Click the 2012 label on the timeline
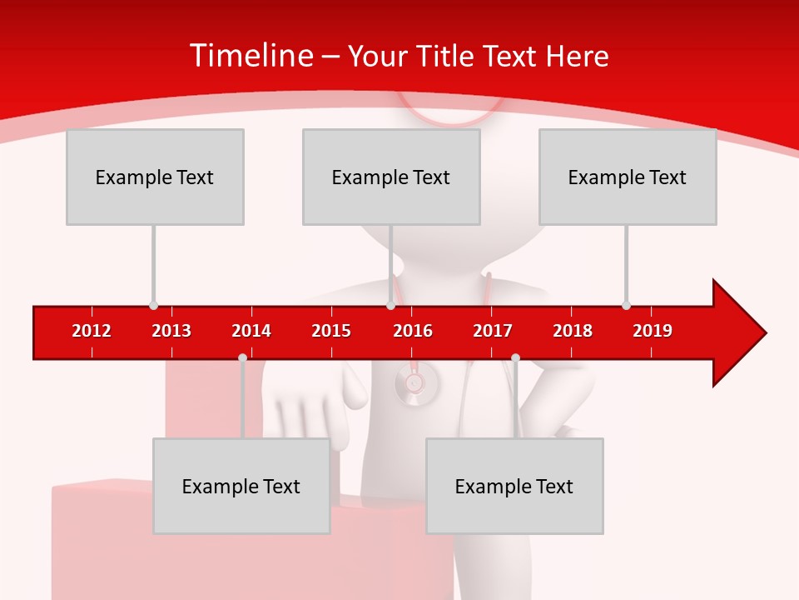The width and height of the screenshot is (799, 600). click(92, 331)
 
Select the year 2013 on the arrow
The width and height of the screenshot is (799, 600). click(171, 331)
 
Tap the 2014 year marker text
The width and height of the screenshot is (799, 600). click(251, 331)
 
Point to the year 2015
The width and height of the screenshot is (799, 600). click(331, 331)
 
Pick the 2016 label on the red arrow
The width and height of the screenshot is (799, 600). click(413, 331)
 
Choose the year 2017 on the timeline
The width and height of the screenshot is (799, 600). click(493, 331)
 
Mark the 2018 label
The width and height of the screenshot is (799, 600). click(573, 331)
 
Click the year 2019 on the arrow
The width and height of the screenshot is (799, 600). click(653, 331)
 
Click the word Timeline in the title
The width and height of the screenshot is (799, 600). click(251, 56)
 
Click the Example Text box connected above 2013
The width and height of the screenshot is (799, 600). click(155, 177)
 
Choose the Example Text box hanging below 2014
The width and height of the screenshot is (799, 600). click(241, 486)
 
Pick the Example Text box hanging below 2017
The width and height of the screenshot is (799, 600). click(514, 486)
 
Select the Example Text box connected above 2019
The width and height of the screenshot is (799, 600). click(628, 177)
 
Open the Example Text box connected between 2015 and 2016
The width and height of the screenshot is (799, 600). click(391, 177)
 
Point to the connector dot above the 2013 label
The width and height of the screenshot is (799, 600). click(153, 305)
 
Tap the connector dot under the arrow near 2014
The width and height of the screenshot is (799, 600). click(242, 357)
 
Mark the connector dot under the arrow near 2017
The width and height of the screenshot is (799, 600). click(515, 357)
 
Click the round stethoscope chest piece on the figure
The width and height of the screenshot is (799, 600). click(414, 383)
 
